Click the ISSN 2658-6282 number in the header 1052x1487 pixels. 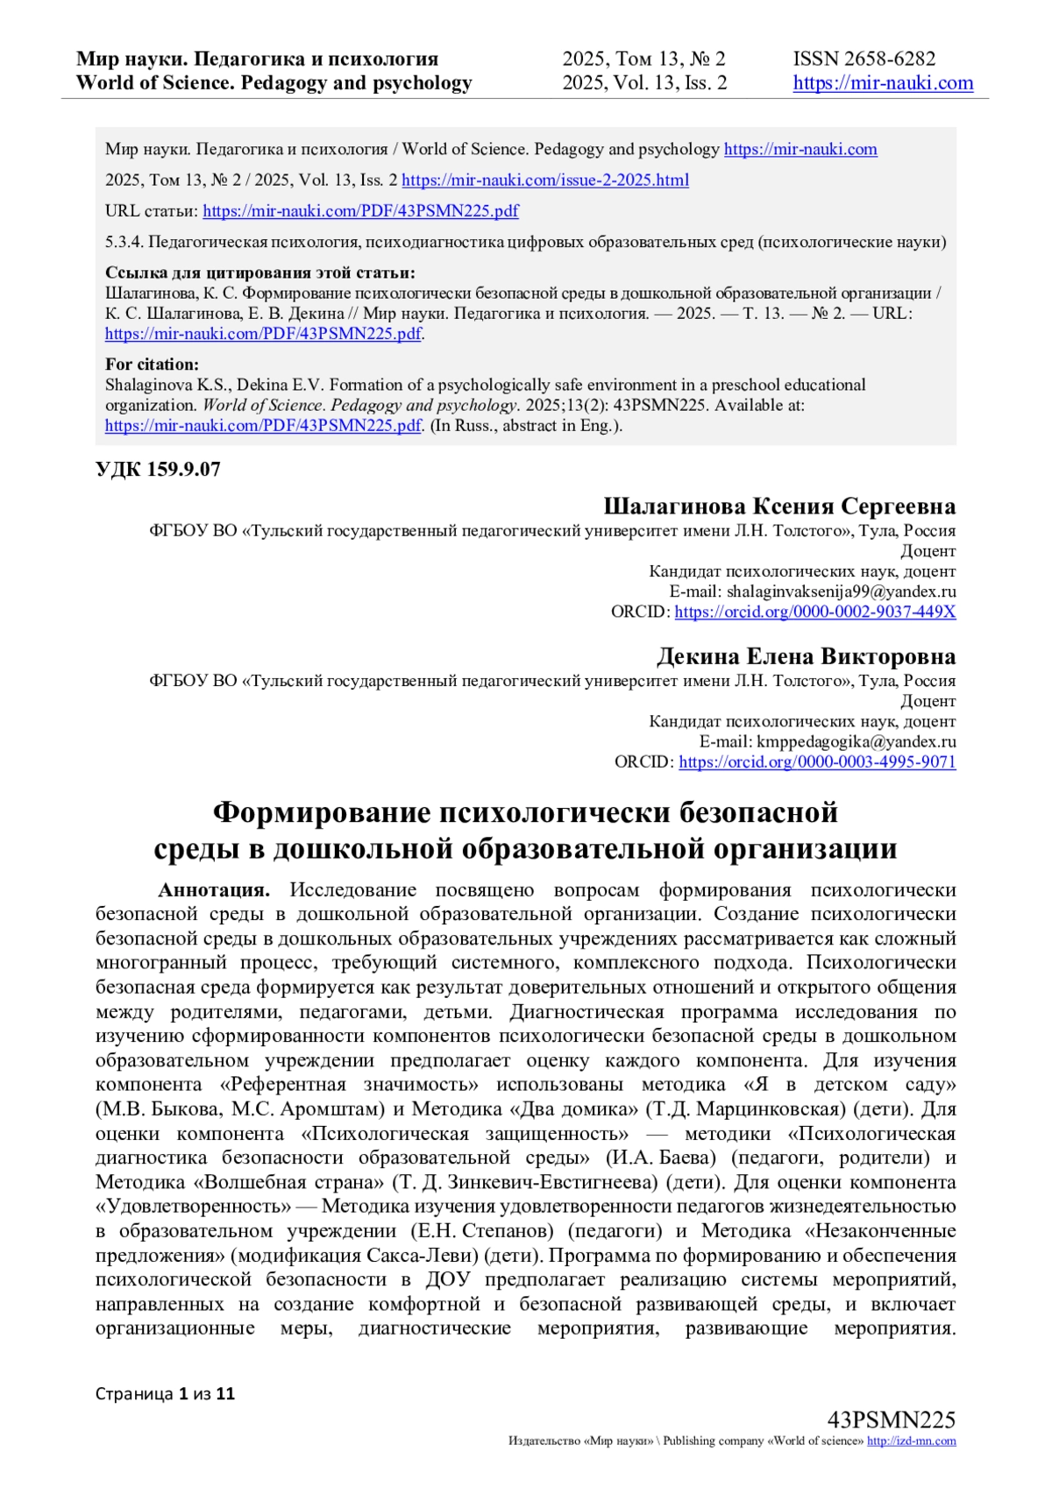(x=864, y=59)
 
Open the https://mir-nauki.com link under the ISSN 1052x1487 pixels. (x=883, y=83)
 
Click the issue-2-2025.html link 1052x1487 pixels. (x=544, y=181)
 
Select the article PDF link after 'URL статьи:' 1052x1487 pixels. (x=360, y=211)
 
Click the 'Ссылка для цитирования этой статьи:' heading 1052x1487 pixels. (x=260, y=273)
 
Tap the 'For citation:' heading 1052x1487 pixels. (x=152, y=365)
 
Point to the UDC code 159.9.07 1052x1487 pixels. (x=158, y=470)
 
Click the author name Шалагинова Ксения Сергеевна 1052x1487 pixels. (x=778, y=506)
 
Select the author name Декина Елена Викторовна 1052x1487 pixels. (x=806, y=657)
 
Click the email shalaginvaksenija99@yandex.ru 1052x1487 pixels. (x=841, y=591)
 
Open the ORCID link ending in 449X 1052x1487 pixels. (x=814, y=612)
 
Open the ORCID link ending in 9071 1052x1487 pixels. (x=816, y=761)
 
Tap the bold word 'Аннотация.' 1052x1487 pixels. (x=214, y=890)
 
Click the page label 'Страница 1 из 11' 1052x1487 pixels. (x=165, y=1394)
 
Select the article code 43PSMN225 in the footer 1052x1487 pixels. (x=891, y=1420)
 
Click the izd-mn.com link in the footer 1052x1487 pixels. (x=911, y=1441)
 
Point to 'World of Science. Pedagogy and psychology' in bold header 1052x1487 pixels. (x=274, y=83)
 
